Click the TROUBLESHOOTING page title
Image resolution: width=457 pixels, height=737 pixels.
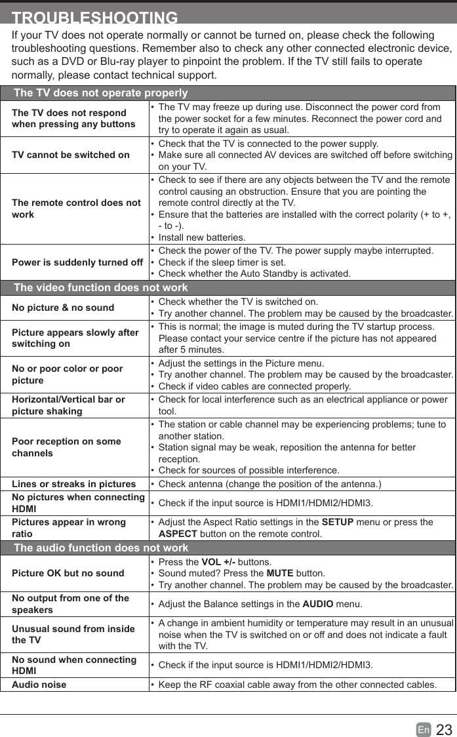click(x=95, y=18)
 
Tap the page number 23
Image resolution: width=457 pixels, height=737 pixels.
click(x=444, y=730)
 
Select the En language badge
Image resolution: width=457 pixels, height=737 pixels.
click(x=424, y=730)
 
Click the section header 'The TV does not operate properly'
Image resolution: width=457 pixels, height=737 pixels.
click(x=100, y=93)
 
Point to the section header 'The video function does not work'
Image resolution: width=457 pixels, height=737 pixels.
click(x=100, y=287)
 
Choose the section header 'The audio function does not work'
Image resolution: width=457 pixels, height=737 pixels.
click(x=101, y=548)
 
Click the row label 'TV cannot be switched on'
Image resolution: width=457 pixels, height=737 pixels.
click(x=71, y=155)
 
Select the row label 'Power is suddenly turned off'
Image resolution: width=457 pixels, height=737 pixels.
click(x=77, y=262)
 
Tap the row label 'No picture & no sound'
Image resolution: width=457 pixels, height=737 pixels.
click(x=63, y=308)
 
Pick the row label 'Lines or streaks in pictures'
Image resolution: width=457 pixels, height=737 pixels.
click(x=74, y=484)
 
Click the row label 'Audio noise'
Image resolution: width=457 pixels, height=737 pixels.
click(x=39, y=685)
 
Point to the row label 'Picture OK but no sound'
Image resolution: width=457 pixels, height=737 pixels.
click(x=68, y=573)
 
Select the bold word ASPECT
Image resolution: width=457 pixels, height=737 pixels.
click(x=178, y=534)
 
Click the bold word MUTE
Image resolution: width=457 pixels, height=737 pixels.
click(x=280, y=573)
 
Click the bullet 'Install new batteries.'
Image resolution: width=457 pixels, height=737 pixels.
click(x=202, y=237)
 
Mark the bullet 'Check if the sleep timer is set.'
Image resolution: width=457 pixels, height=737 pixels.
click(x=222, y=262)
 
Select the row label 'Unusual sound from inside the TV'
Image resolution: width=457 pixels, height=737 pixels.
click(x=73, y=634)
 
